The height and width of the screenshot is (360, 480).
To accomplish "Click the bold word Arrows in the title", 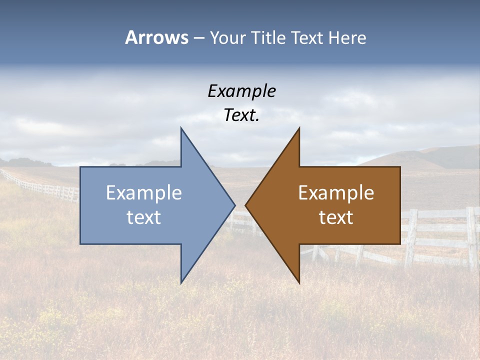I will tap(156, 37).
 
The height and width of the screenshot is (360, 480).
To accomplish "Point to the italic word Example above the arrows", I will tap(241, 91).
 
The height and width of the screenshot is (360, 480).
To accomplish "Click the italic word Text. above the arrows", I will tap(241, 115).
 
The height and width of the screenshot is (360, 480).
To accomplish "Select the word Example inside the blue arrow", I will tap(144, 193).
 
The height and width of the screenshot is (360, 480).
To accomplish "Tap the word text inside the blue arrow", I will tap(144, 217).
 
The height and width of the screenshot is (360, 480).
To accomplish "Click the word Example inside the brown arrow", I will tap(336, 193).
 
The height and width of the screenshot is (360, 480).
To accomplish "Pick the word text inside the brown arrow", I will tap(336, 217).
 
